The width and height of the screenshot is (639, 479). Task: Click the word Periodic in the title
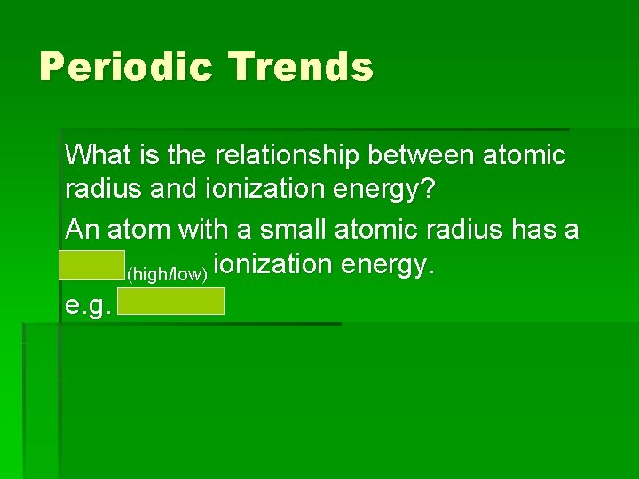click(124, 67)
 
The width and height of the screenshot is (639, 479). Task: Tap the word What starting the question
click(98, 155)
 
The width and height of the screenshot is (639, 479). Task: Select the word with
click(204, 230)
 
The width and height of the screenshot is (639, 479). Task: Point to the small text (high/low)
click(169, 274)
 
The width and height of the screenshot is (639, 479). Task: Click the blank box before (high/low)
click(92, 266)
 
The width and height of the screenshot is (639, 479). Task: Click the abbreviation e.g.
click(87, 305)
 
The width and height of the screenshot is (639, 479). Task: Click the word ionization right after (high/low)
click(269, 266)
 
